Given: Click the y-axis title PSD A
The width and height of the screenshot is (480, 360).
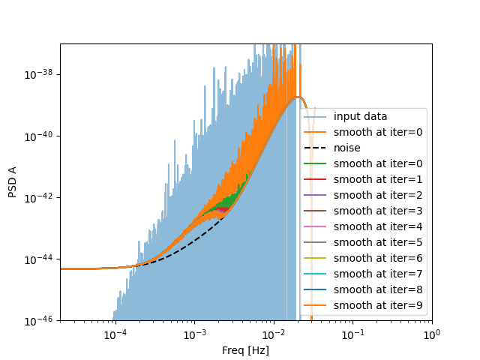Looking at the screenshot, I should point(12,182).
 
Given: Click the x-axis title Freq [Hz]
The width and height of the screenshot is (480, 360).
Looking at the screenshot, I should point(245,350).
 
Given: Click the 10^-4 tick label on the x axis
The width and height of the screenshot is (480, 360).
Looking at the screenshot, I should point(115,334).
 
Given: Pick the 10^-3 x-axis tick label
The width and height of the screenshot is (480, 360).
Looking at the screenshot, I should point(194,334).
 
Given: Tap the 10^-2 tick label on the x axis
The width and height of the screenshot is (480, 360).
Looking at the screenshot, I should point(274,334).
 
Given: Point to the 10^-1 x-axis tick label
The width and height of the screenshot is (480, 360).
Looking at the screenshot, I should point(352,334).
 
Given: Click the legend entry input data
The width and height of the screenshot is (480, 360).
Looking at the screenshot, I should point(360,117).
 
